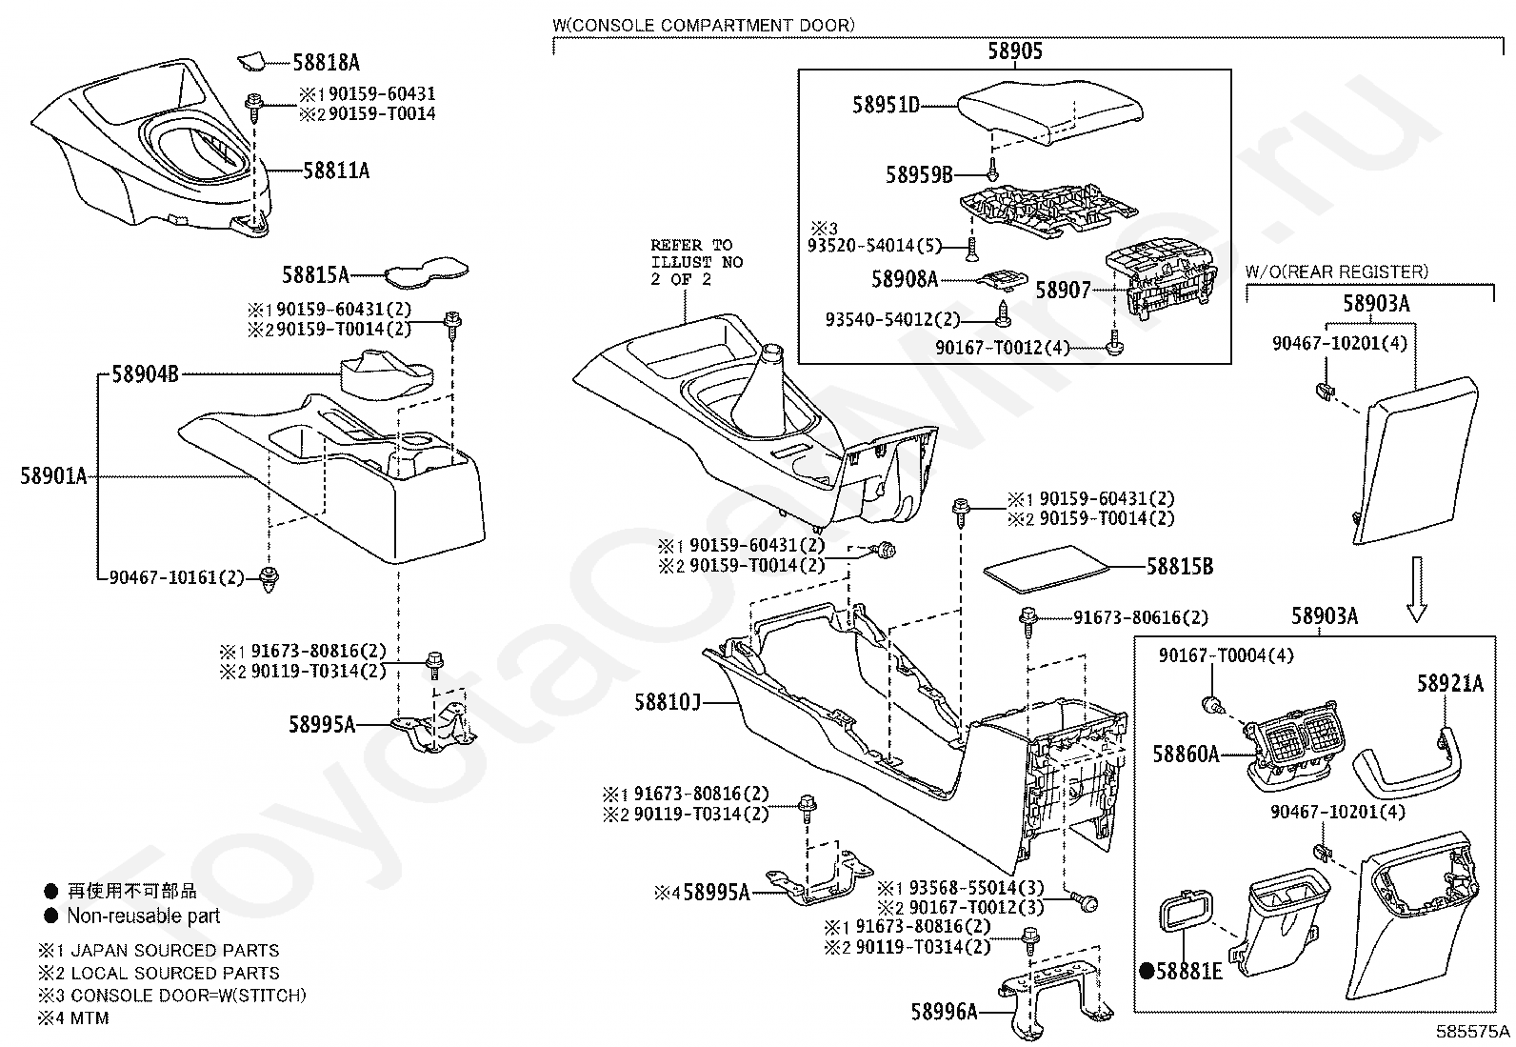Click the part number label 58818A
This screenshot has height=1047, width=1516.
pos(326,63)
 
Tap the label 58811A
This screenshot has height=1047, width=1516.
pos(336,171)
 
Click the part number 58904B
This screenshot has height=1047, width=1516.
pos(145,375)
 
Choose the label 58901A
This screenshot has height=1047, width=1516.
pos(53,475)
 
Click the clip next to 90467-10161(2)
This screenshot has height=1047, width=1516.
pos(270,577)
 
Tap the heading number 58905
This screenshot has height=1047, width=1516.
pos(1014,51)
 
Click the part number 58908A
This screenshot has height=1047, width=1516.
pos(905,279)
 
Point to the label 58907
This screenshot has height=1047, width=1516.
pos(1063,290)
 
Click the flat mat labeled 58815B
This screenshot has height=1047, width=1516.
pos(1047,565)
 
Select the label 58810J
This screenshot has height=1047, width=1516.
pos(668,703)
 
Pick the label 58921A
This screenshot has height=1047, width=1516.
pos(1449,683)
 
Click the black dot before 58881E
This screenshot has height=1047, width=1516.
pos(1147,971)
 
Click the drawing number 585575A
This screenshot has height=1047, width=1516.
pos(1473,1032)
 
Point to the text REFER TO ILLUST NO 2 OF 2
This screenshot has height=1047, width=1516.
pos(696,262)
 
